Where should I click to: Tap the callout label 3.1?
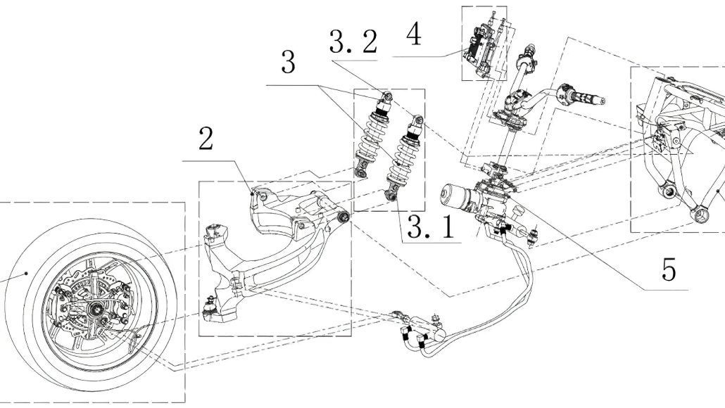428,228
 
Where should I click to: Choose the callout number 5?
669,269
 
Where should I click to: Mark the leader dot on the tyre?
26,272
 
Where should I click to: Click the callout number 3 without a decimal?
287,63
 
